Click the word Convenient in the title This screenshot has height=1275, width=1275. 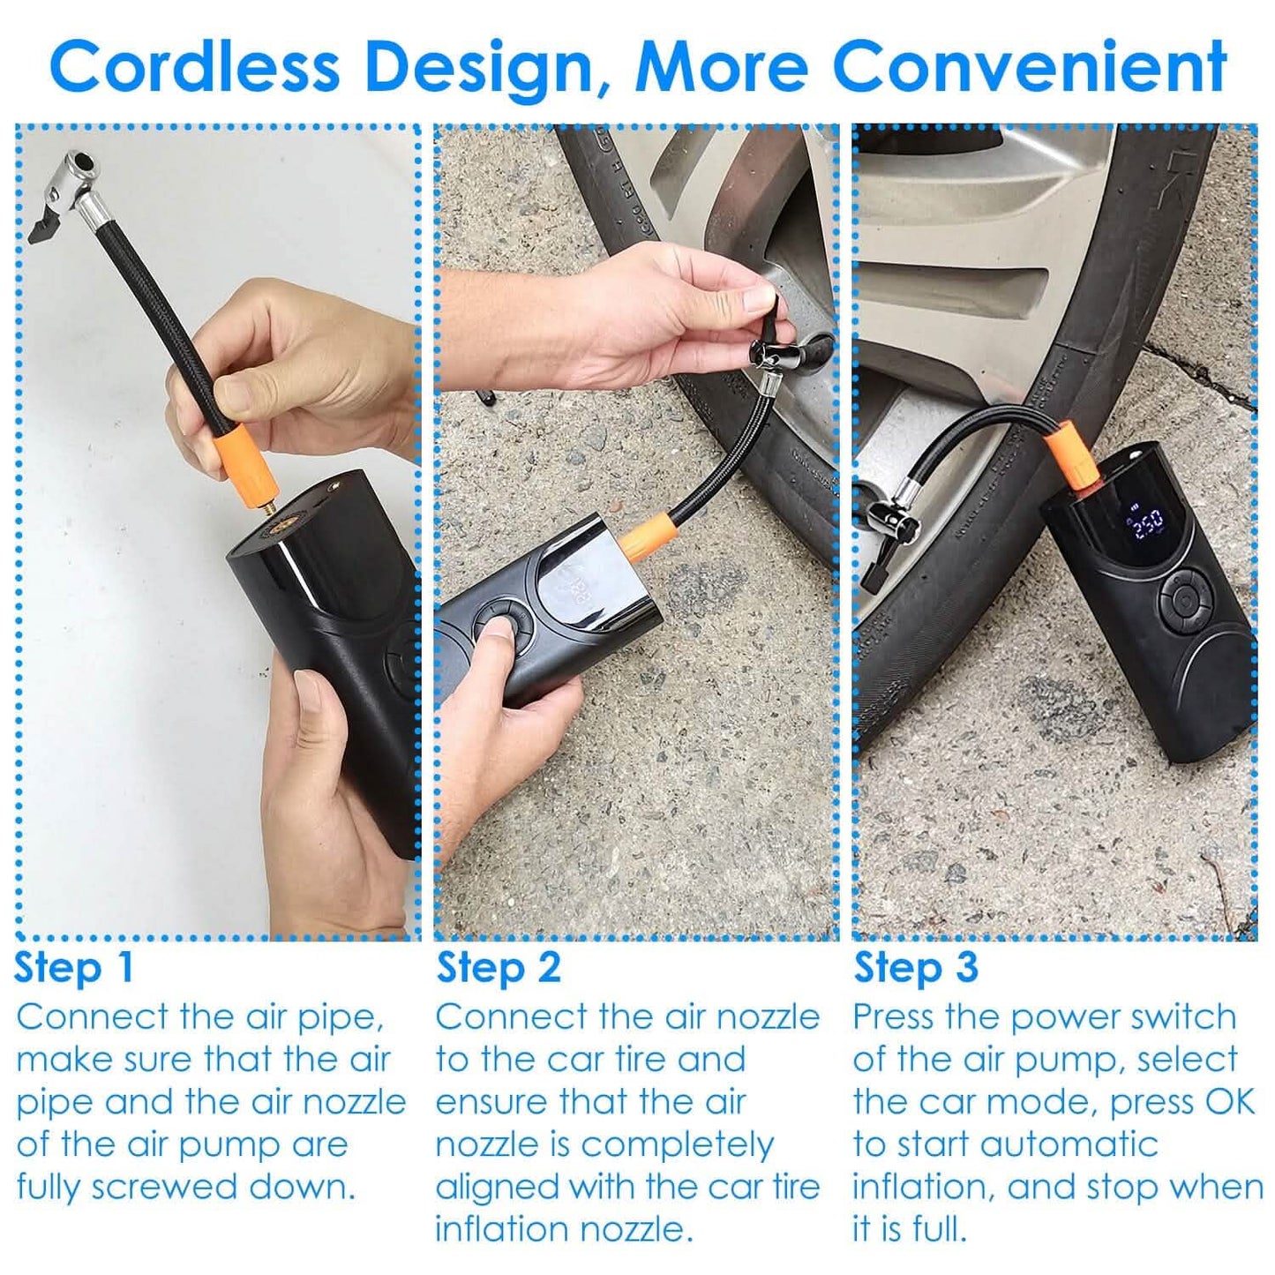coord(1029,67)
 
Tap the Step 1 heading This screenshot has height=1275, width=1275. coord(74,967)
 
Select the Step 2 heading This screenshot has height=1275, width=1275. coord(499,967)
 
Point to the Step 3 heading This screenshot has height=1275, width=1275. coord(916,967)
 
